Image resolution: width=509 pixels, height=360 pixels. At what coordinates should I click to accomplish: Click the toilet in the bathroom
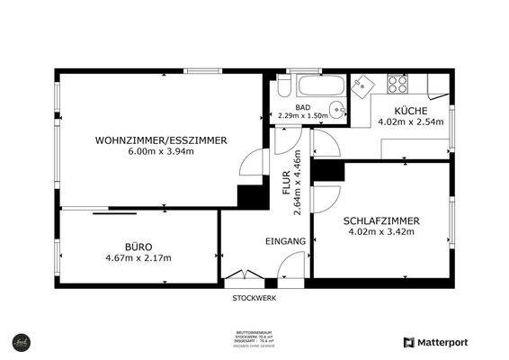coord(283,87)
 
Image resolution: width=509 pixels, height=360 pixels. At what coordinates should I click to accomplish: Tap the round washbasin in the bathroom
coord(336,111)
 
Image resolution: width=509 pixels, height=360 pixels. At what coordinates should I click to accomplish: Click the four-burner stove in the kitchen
coord(397,85)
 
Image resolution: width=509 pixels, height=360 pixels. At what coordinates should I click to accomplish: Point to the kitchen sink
coord(364,86)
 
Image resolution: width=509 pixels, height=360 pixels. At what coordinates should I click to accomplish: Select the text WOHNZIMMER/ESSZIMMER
coord(161,139)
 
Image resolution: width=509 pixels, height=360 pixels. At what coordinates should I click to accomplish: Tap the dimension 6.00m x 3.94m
coord(161,151)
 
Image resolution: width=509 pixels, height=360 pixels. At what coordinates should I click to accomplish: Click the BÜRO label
coord(138,246)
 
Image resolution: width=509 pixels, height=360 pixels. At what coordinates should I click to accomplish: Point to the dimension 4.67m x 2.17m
coord(138,257)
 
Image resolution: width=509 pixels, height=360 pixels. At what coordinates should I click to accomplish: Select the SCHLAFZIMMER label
coord(381,220)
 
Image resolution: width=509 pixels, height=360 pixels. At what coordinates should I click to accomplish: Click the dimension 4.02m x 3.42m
coord(381,231)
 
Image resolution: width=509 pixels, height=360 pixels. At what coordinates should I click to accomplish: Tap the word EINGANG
coord(286,241)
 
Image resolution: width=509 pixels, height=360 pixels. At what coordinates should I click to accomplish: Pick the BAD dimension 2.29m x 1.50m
coord(304,115)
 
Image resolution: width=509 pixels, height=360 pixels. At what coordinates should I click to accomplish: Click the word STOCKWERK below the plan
coord(254,297)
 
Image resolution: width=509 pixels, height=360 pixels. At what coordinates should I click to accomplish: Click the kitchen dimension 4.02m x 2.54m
coord(411,121)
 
